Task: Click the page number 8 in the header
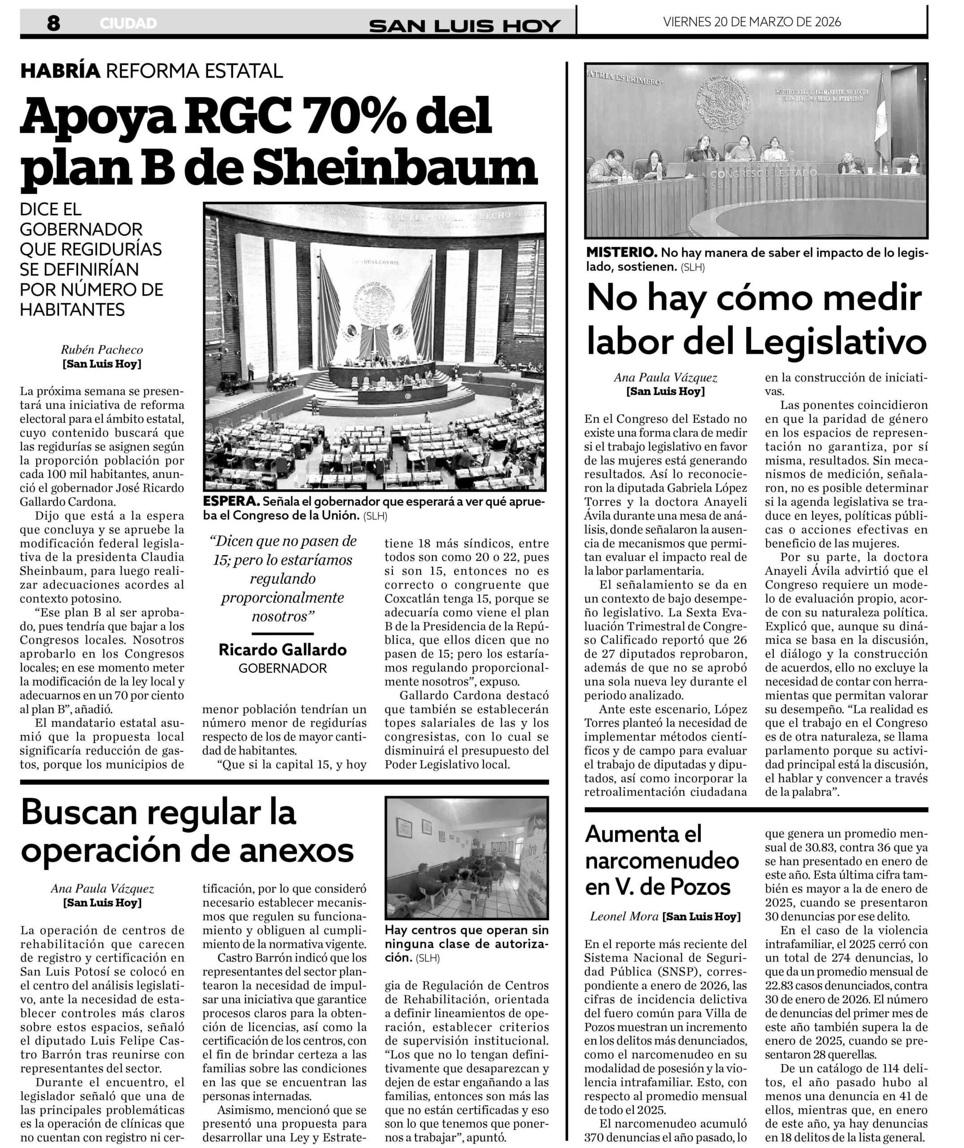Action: pyautogui.click(x=53, y=23)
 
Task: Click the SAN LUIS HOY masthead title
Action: pyautogui.click(x=465, y=25)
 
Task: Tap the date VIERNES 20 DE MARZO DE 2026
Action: pyautogui.click(x=752, y=22)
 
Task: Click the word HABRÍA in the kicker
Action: pyautogui.click(x=60, y=70)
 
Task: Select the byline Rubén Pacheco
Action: pyautogui.click(x=102, y=349)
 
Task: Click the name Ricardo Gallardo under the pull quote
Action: pyautogui.click(x=282, y=649)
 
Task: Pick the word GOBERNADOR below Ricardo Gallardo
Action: pyautogui.click(x=282, y=668)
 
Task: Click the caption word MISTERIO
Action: pyautogui.click(x=621, y=252)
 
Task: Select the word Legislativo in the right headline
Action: pyautogui.click(x=836, y=343)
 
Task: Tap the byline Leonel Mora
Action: pyautogui.click(x=624, y=916)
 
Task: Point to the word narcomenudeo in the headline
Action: pyautogui.click(x=662, y=861)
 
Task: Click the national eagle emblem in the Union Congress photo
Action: pyautogui.click(x=374, y=304)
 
